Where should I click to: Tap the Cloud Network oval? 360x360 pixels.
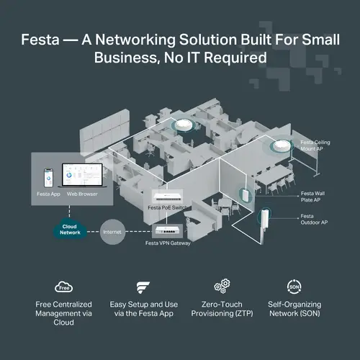point(69,231)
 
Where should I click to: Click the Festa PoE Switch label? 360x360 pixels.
point(168,207)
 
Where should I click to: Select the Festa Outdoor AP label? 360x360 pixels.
point(315,219)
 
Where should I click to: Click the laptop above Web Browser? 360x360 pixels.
point(81,176)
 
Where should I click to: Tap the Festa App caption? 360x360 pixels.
point(48,194)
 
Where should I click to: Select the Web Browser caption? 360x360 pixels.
point(81,194)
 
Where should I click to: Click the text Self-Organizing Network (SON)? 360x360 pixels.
point(294,309)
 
